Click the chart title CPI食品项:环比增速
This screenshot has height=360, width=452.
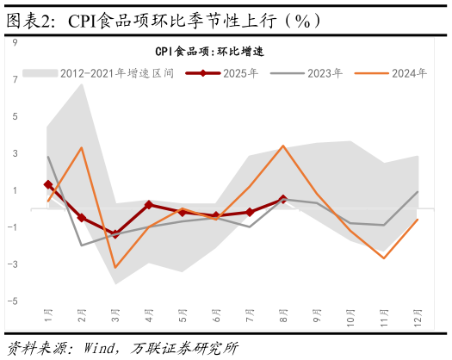(209, 52)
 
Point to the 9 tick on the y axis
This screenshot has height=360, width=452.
(15, 41)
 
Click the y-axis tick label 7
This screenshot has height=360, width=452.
(15, 79)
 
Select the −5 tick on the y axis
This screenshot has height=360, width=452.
(13, 301)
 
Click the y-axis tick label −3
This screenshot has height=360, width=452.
(13, 264)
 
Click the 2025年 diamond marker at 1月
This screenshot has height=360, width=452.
(48, 184)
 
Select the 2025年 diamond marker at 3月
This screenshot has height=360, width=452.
(115, 234)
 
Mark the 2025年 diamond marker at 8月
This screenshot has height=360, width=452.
(283, 199)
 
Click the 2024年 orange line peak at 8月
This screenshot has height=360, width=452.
(283, 146)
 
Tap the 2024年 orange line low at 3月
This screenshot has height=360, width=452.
(115, 268)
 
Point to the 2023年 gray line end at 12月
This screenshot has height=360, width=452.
(418, 192)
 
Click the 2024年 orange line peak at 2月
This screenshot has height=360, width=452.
(82, 147)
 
